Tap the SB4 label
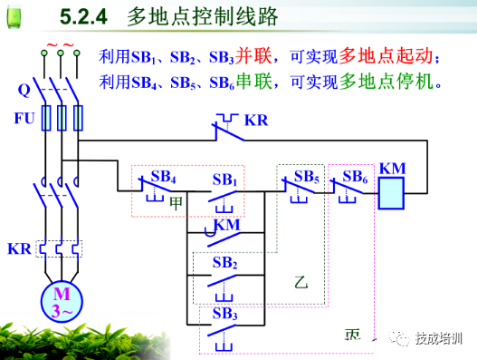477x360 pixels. coord(164,173)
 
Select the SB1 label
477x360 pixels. coord(224,177)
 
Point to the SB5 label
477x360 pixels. coord(307,175)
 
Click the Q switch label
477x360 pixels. coord(24,90)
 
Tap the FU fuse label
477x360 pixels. coord(24,119)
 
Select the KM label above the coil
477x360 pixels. coord(392,169)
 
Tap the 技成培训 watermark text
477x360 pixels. coord(439,337)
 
